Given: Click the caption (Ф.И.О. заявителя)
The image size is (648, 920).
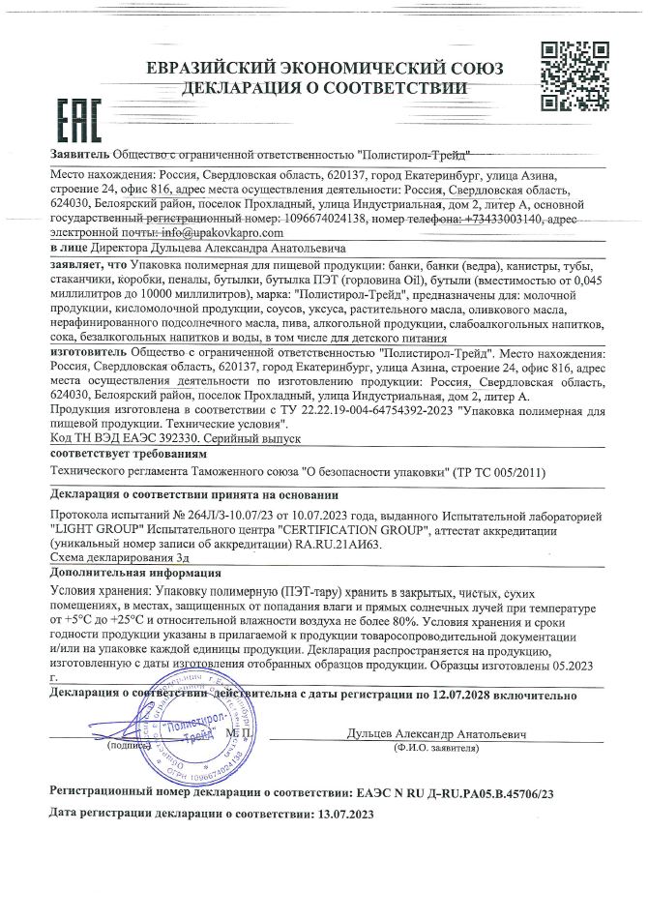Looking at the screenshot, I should click(x=438, y=749).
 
